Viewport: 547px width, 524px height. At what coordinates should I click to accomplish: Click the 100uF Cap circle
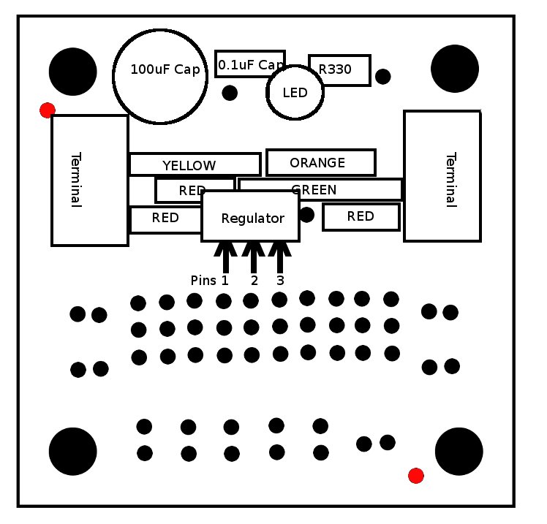(159, 76)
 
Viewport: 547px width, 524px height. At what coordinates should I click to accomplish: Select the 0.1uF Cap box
(249, 64)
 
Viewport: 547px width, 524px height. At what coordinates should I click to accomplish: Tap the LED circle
(295, 93)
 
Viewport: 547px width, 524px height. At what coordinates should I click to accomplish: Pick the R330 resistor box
(339, 70)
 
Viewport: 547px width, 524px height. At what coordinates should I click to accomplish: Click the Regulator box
(251, 217)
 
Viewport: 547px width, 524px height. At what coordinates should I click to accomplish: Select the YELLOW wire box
(194, 164)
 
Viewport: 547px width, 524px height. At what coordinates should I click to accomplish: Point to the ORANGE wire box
(320, 162)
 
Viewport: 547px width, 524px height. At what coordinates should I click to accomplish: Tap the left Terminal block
(89, 180)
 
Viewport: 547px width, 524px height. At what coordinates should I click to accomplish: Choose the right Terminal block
(442, 175)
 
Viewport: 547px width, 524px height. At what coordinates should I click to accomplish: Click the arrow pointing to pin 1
(225, 257)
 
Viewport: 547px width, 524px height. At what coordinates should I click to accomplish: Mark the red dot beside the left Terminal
(48, 110)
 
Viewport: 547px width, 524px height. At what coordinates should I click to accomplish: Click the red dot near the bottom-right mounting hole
(416, 476)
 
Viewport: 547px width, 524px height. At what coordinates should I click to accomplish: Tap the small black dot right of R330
(382, 76)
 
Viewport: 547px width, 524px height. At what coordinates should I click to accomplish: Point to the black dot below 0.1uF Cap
(230, 93)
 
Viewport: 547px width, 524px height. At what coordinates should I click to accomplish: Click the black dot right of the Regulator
(306, 214)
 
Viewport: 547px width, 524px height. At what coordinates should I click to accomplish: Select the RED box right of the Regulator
(361, 216)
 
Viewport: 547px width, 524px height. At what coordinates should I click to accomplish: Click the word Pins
(203, 281)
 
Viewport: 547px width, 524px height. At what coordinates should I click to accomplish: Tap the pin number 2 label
(254, 281)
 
